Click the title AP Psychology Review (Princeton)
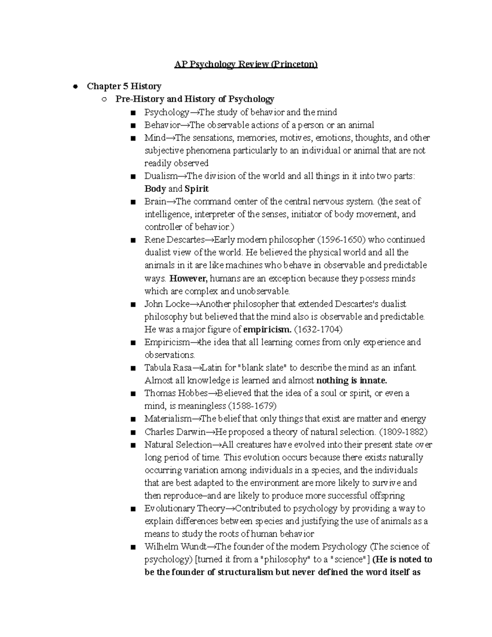tap(246, 64)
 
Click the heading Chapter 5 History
tap(124, 86)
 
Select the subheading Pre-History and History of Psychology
tap(195, 99)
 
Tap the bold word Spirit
tap(196, 189)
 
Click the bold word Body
tap(155, 189)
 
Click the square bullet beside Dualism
tap(132, 177)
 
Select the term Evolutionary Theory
tap(184, 508)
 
